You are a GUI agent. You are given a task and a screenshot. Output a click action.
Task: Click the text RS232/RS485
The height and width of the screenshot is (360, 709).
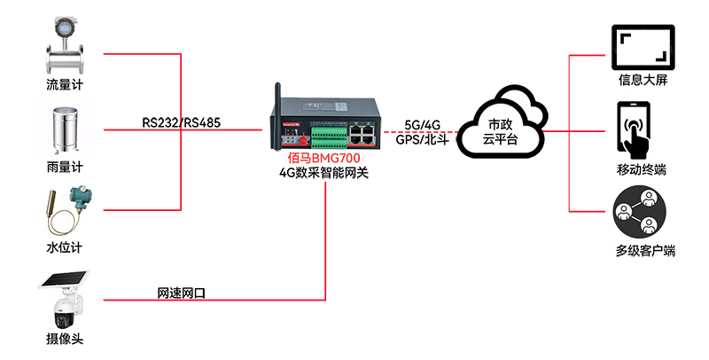coord(181,122)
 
